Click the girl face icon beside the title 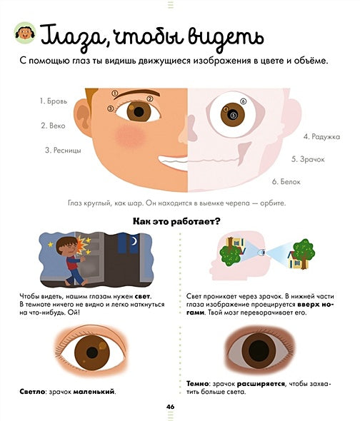tap(25, 33)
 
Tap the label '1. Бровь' tap(54, 101)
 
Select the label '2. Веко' tap(54, 126)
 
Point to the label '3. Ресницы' tap(63, 150)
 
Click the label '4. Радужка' tap(322, 137)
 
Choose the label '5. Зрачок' tap(308, 159)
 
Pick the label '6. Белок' tap(286, 182)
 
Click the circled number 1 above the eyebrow tap(115, 93)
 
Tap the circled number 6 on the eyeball tap(243, 101)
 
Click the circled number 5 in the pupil tap(233, 115)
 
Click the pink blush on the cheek tap(130, 136)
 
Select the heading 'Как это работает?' tap(176, 221)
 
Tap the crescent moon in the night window tap(134, 241)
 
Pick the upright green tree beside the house tap(304, 253)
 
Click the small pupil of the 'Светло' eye tap(92, 352)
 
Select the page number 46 tap(170, 407)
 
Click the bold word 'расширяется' tap(261, 384)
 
